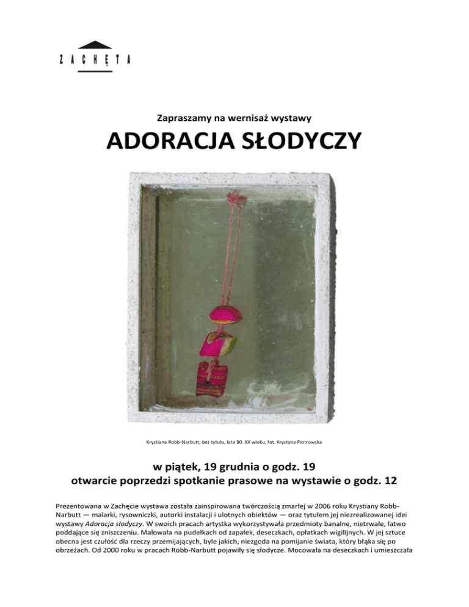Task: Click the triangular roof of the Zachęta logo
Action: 95,45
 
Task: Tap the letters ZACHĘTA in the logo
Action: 95,59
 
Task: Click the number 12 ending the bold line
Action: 389,481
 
